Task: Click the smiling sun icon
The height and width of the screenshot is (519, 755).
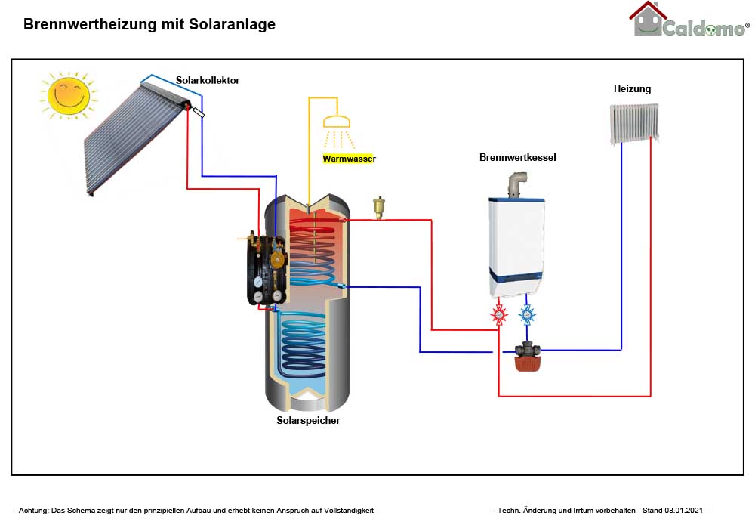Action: coord(68,94)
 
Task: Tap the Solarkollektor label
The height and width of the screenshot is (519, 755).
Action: coord(208,80)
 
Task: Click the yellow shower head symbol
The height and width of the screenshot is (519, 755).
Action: coord(336,122)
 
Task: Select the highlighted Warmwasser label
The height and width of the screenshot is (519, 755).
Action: coord(349,159)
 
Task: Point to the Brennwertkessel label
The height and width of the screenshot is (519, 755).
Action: coord(518,158)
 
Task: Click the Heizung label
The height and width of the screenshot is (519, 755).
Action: coord(632,88)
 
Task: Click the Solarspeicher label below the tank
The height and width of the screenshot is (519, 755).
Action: coord(308,420)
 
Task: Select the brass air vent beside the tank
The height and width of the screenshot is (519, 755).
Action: coord(378,205)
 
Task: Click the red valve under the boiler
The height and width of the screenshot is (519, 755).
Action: coord(499,314)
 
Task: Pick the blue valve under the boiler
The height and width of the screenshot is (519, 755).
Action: coord(527,314)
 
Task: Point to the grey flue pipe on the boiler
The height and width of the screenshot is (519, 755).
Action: coord(516,184)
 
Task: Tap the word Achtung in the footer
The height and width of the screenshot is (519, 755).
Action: coord(34,511)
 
